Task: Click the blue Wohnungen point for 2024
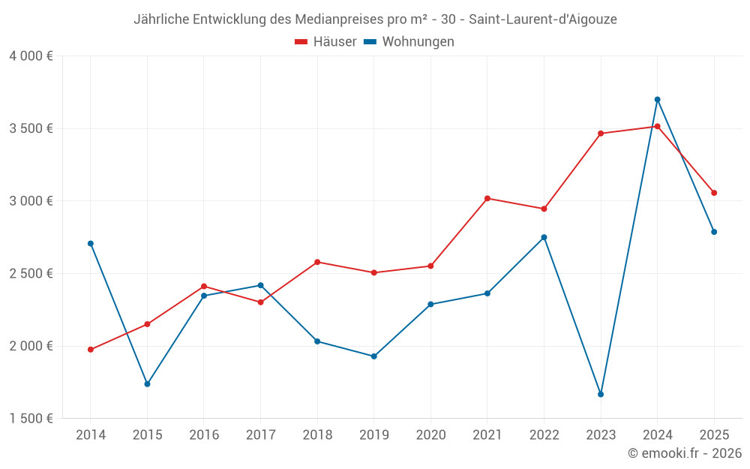point(657,100)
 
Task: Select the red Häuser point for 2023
point(601,134)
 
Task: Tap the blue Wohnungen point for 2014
point(91,244)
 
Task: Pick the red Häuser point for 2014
point(91,350)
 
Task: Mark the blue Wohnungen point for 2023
point(601,395)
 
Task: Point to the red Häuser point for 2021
point(487,198)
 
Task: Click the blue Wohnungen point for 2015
point(147,384)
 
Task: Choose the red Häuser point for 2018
point(317,262)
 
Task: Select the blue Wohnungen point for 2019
point(373,356)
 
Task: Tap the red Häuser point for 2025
point(714,193)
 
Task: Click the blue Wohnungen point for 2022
point(544,237)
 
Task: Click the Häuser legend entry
point(325,42)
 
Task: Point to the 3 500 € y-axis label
point(31,128)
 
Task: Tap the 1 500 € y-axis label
point(31,419)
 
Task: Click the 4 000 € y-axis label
point(31,56)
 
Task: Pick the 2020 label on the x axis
point(430,435)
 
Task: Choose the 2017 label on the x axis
point(260,435)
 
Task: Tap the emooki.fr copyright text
point(685,453)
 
